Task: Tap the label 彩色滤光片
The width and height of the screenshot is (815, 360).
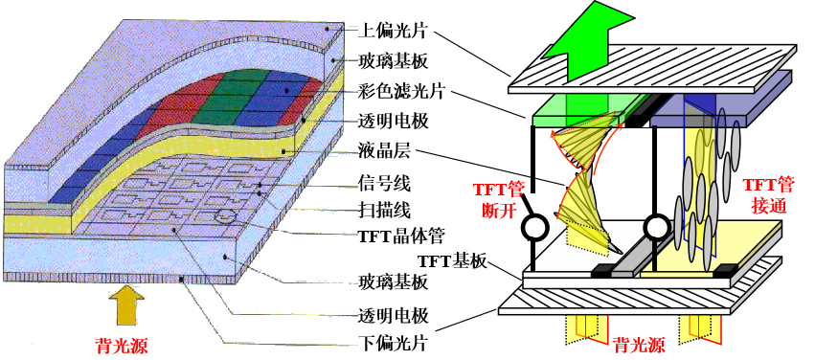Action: point(389,92)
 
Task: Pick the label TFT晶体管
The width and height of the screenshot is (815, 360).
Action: point(396,236)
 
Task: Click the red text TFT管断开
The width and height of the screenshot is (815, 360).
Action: point(500,195)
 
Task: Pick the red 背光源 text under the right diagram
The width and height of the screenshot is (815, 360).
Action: point(639,345)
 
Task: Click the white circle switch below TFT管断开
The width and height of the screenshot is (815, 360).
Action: point(533,230)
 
